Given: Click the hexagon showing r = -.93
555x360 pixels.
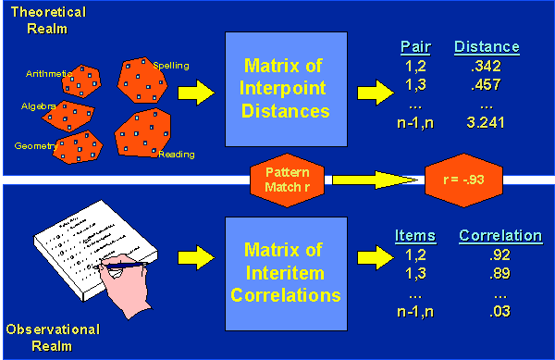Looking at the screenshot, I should coord(462,179).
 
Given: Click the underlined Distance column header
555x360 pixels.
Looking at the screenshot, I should coord(487,46).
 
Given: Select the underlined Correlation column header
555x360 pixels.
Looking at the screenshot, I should coord(500,236).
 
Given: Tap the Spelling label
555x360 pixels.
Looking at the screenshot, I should coord(171,66).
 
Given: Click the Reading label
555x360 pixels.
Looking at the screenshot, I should coord(175,154).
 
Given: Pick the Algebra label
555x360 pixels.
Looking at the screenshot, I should coord(39,106).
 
